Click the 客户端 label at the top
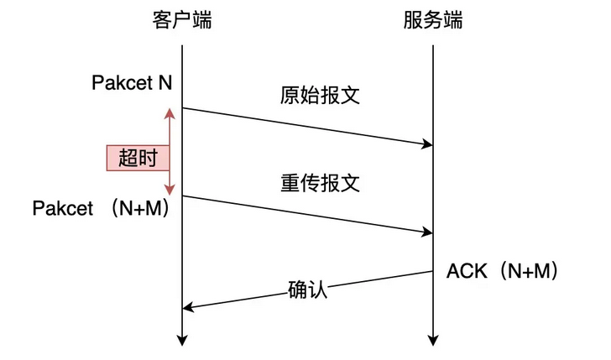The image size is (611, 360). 181,20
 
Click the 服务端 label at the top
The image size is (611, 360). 433,20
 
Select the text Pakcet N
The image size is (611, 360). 133,83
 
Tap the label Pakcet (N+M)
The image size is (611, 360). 102,208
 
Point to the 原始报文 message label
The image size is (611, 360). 320,94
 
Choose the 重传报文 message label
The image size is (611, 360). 320,182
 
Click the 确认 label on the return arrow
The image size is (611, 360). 307,290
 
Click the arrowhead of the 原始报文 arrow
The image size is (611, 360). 427,145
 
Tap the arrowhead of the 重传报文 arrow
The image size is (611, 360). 427,232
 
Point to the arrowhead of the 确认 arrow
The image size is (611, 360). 188,308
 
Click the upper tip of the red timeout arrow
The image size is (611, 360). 169,111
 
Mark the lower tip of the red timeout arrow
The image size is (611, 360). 169,192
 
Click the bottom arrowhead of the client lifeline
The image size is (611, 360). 181,341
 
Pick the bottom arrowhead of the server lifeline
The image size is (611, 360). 433,341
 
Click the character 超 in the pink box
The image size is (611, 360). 128,158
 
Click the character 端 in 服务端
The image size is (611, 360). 453,20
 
